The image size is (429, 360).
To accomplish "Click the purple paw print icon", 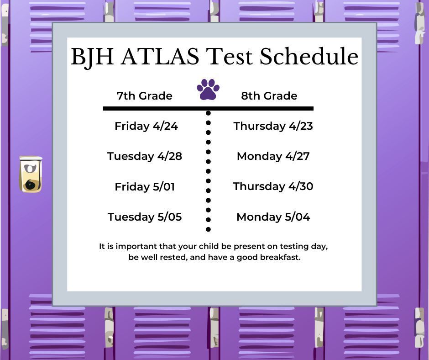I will pyautogui.click(x=208, y=90).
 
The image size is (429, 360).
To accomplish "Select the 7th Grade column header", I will pyautogui.click(x=144, y=96).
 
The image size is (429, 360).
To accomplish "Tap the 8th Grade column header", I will pyautogui.click(x=269, y=96).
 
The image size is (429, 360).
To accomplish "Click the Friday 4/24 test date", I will pyautogui.click(x=146, y=126).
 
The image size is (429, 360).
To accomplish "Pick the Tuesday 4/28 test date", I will pyautogui.click(x=145, y=156).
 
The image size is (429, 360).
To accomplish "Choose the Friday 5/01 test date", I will pyautogui.click(x=145, y=187).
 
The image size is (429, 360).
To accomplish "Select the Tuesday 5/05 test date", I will pyautogui.click(x=145, y=217).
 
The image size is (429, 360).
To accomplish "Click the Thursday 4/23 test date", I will pyautogui.click(x=273, y=126).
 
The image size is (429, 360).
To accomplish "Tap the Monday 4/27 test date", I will pyautogui.click(x=273, y=156).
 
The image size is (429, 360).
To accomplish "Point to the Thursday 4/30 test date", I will pyautogui.click(x=273, y=186).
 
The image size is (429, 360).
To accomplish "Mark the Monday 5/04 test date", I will pyautogui.click(x=273, y=217).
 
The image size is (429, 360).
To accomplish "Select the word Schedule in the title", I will pyautogui.click(x=309, y=57).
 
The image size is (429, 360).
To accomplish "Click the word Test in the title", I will pyautogui.click(x=229, y=57).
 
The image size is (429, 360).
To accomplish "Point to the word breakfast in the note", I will pyautogui.click(x=280, y=257).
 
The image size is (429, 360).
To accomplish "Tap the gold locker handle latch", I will pyautogui.click(x=31, y=174).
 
